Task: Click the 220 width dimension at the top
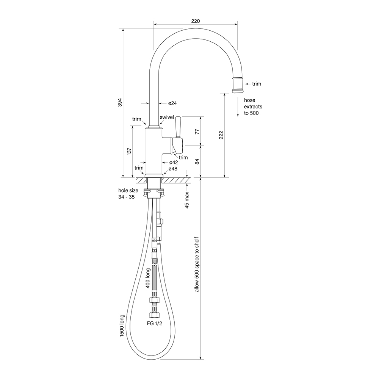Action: [196, 21]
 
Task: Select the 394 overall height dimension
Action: [119, 103]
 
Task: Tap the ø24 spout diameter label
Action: [173, 103]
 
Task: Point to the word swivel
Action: [167, 117]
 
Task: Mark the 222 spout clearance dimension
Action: [221, 135]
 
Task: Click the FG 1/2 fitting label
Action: [154, 324]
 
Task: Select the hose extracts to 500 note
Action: [253, 106]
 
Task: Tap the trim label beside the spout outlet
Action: [256, 84]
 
